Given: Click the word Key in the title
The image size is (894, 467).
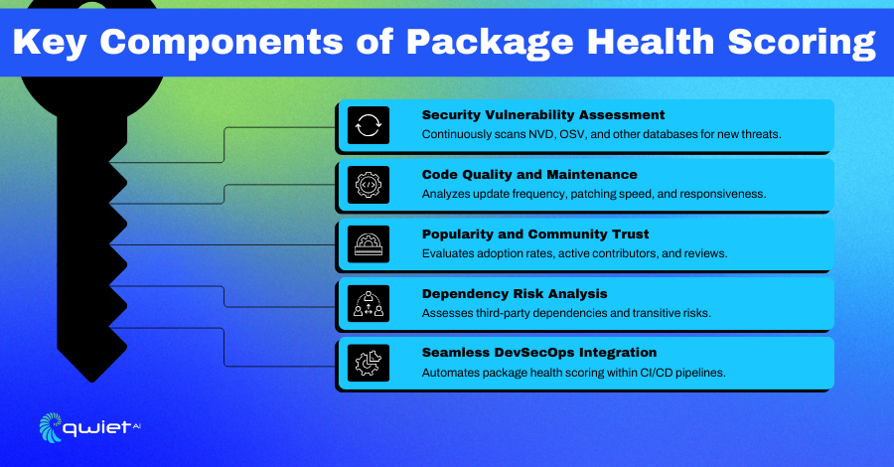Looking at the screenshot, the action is pyautogui.click(x=49, y=42).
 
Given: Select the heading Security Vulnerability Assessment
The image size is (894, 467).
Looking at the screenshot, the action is pyautogui.click(x=542, y=115).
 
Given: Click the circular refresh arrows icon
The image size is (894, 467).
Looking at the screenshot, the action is pyautogui.click(x=369, y=125).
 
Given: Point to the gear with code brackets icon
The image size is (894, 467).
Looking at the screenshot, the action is pyautogui.click(x=369, y=185).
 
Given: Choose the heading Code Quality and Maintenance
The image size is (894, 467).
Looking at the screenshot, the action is pyautogui.click(x=529, y=175).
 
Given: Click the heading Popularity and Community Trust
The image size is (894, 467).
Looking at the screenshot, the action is pyautogui.click(x=534, y=234).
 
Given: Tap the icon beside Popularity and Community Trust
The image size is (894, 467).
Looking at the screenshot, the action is pyautogui.click(x=369, y=244).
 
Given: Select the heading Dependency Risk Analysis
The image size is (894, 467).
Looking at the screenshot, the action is pyautogui.click(x=515, y=294).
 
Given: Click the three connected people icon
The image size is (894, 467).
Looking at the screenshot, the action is pyautogui.click(x=369, y=303).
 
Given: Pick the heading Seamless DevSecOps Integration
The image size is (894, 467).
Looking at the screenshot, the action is pyautogui.click(x=538, y=353).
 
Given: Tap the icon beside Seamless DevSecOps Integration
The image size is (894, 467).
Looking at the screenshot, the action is pyautogui.click(x=369, y=364).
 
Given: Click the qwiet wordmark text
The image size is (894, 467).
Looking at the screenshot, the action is pyautogui.click(x=97, y=427).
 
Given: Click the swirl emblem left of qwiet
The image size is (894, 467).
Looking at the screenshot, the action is pyautogui.click(x=51, y=427).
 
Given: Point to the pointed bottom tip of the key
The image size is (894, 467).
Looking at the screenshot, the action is pyautogui.click(x=91, y=382).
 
